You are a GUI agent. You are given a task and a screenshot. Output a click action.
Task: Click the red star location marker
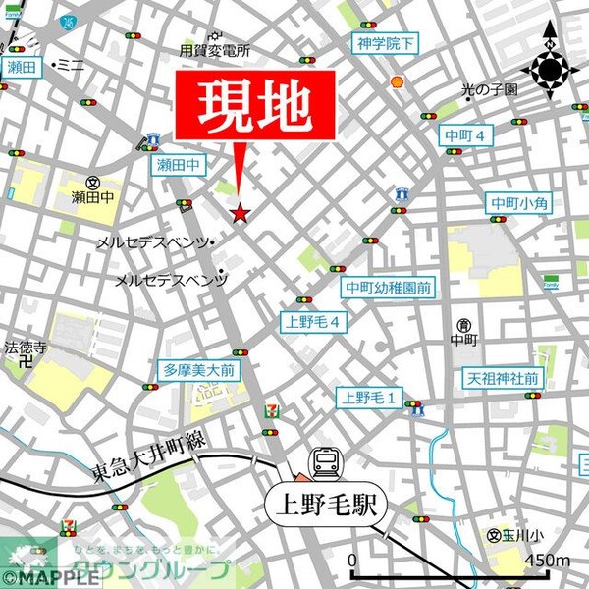click(241, 212)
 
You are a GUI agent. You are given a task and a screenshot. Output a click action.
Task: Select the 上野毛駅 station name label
click(325, 506)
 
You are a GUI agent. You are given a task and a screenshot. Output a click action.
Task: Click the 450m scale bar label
click(548, 561)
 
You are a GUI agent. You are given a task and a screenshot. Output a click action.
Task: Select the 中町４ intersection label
click(464, 135)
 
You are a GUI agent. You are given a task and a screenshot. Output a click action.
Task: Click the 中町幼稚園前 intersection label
click(388, 288)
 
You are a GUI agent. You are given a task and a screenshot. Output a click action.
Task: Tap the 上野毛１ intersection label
click(369, 397)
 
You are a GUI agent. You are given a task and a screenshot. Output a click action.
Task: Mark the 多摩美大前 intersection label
click(199, 370)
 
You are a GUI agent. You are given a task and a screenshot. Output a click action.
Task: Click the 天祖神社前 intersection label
click(501, 378)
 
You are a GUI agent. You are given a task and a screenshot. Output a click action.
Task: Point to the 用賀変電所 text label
click(214, 51)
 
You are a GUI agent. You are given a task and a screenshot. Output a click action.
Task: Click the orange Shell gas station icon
click(397, 82)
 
